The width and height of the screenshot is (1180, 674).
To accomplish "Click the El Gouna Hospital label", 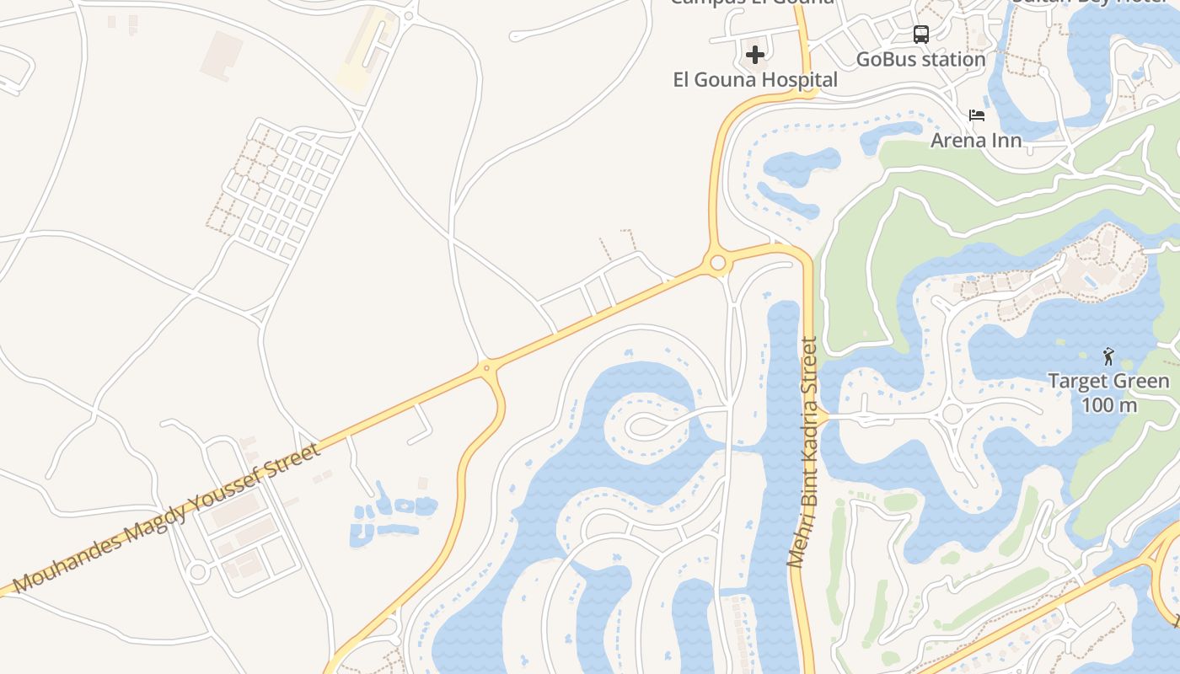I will pyautogui.click(x=755, y=80).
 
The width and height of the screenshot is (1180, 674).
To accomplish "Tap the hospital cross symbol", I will pyautogui.click(x=755, y=55).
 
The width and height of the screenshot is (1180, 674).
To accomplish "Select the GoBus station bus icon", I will pyautogui.click(x=921, y=35).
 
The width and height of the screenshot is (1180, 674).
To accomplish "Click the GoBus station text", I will pyautogui.click(x=920, y=60).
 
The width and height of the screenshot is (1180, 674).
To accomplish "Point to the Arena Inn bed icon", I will pyautogui.click(x=977, y=115).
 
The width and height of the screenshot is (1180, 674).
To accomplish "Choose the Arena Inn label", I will pyautogui.click(x=976, y=140).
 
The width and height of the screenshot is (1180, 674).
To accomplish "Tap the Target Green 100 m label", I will pyautogui.click(x=1108, y=393).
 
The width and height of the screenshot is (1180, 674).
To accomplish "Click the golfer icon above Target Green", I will pyautogui.click(x=1108, y=356).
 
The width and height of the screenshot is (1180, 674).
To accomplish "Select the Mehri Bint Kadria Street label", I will pyautogui.click(x=804, y=452).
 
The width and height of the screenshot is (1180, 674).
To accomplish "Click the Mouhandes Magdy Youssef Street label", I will pyautogui.click(x=167, y=518).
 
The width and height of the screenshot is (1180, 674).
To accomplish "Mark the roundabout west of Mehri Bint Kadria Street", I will pyautogui.click(x=717, y=263).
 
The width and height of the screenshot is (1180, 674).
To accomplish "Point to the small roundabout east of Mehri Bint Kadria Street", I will pyautogui.click(x=952, y=415).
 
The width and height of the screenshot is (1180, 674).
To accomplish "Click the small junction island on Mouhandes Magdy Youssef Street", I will pyautogui.click(x=486, y=368).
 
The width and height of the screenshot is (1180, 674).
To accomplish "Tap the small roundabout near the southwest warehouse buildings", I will pyautogui.click(x=198, y=572).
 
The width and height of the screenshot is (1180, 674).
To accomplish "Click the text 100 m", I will pyautogui.click(x=1108, y=405).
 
